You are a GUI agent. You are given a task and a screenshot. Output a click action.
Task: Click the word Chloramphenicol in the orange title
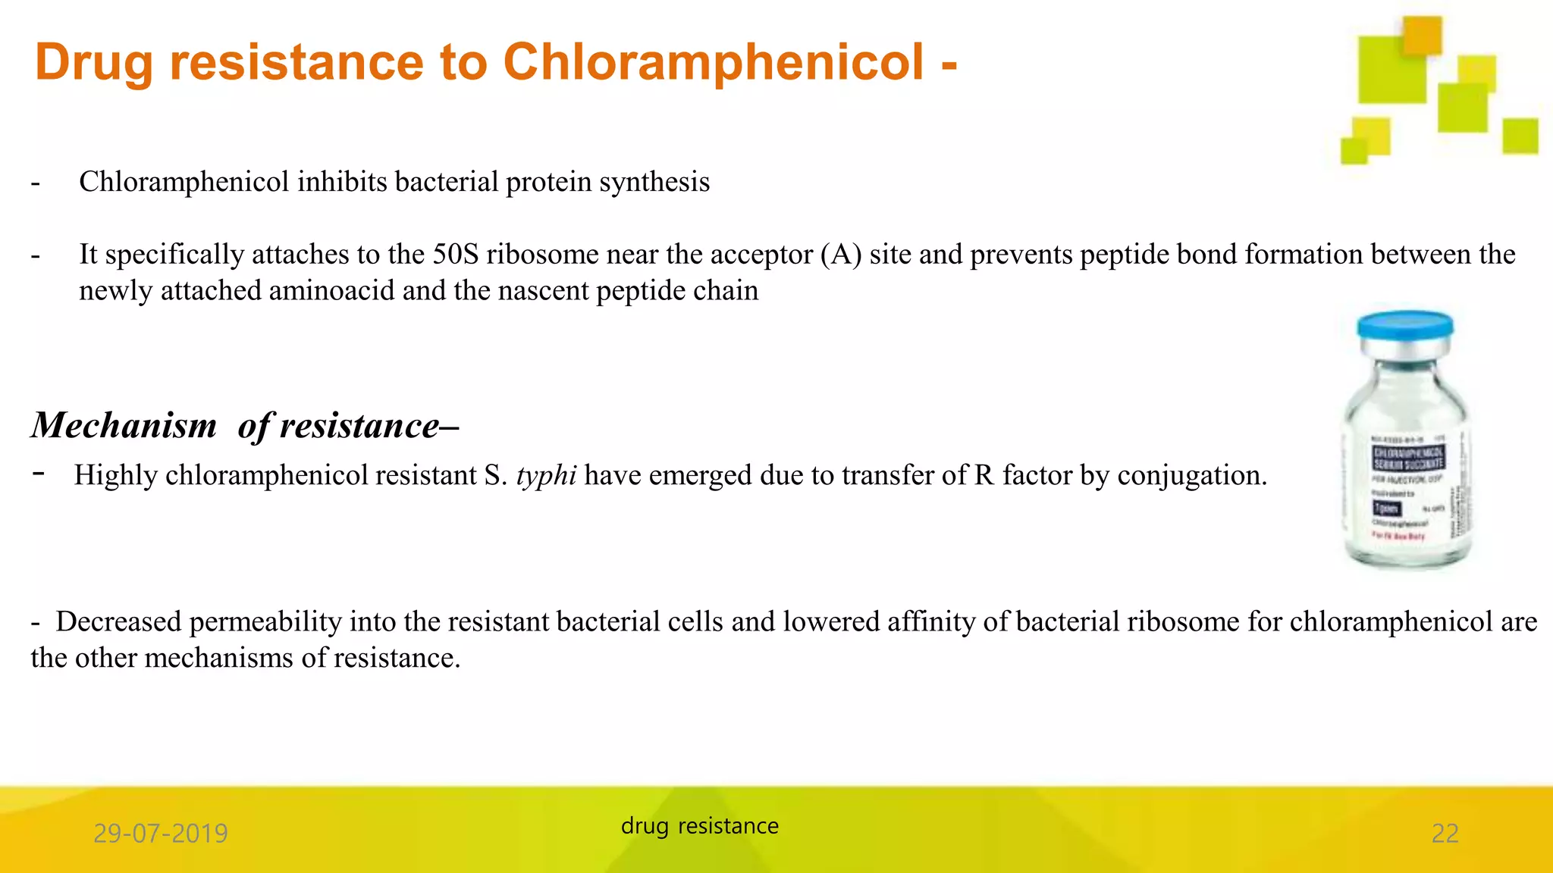pos(713,62)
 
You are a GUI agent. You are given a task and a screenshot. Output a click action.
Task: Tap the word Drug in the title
pos(93,64)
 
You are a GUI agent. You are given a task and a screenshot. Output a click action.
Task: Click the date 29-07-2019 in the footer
pos(160,834)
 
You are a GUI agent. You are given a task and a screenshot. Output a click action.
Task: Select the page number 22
pos(1445,834)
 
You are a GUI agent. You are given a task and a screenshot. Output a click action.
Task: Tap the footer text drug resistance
pos(699,826)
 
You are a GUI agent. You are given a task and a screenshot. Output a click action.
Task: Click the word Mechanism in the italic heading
pos(124,425)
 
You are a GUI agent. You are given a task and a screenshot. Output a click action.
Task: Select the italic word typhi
pos(546,476)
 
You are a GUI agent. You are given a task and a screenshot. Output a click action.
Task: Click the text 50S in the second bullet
pos(455,255)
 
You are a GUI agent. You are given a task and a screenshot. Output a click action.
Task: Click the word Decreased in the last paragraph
pos(118,622)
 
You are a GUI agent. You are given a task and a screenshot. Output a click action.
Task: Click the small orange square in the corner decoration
pos(1421,35)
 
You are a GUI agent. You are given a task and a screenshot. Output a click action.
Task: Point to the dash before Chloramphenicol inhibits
pos(35,183)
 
